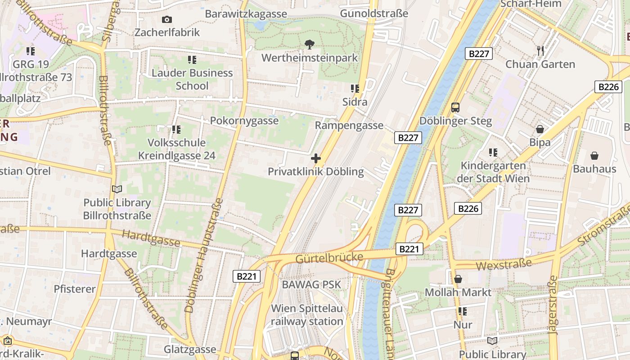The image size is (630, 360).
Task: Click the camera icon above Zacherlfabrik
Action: (167, 19)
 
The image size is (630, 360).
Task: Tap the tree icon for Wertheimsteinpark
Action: (310, 44)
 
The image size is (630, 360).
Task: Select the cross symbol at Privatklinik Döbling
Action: (316, 158)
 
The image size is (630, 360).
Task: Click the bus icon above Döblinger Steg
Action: (455, 107)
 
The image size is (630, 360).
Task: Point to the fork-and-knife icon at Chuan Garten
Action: (540, 50)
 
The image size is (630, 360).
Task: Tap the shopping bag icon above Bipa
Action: (540, 129)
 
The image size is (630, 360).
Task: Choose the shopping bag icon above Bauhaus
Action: (594, 156)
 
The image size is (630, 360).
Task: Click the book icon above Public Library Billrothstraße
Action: (117, 189)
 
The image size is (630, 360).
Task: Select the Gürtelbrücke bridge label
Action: (329, 258)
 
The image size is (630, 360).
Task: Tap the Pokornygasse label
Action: (244, 121)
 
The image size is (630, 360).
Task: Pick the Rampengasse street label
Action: (349, 126)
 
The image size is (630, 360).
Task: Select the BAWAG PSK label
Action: (311, 285)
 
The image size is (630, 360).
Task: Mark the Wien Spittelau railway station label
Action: (307, 315)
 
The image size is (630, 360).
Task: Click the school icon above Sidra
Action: (355, 89)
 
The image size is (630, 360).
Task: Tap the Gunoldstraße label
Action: (374, 13)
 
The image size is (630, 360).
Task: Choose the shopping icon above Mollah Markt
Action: (458, 279)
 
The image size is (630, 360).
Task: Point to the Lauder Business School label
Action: (192, 79)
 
